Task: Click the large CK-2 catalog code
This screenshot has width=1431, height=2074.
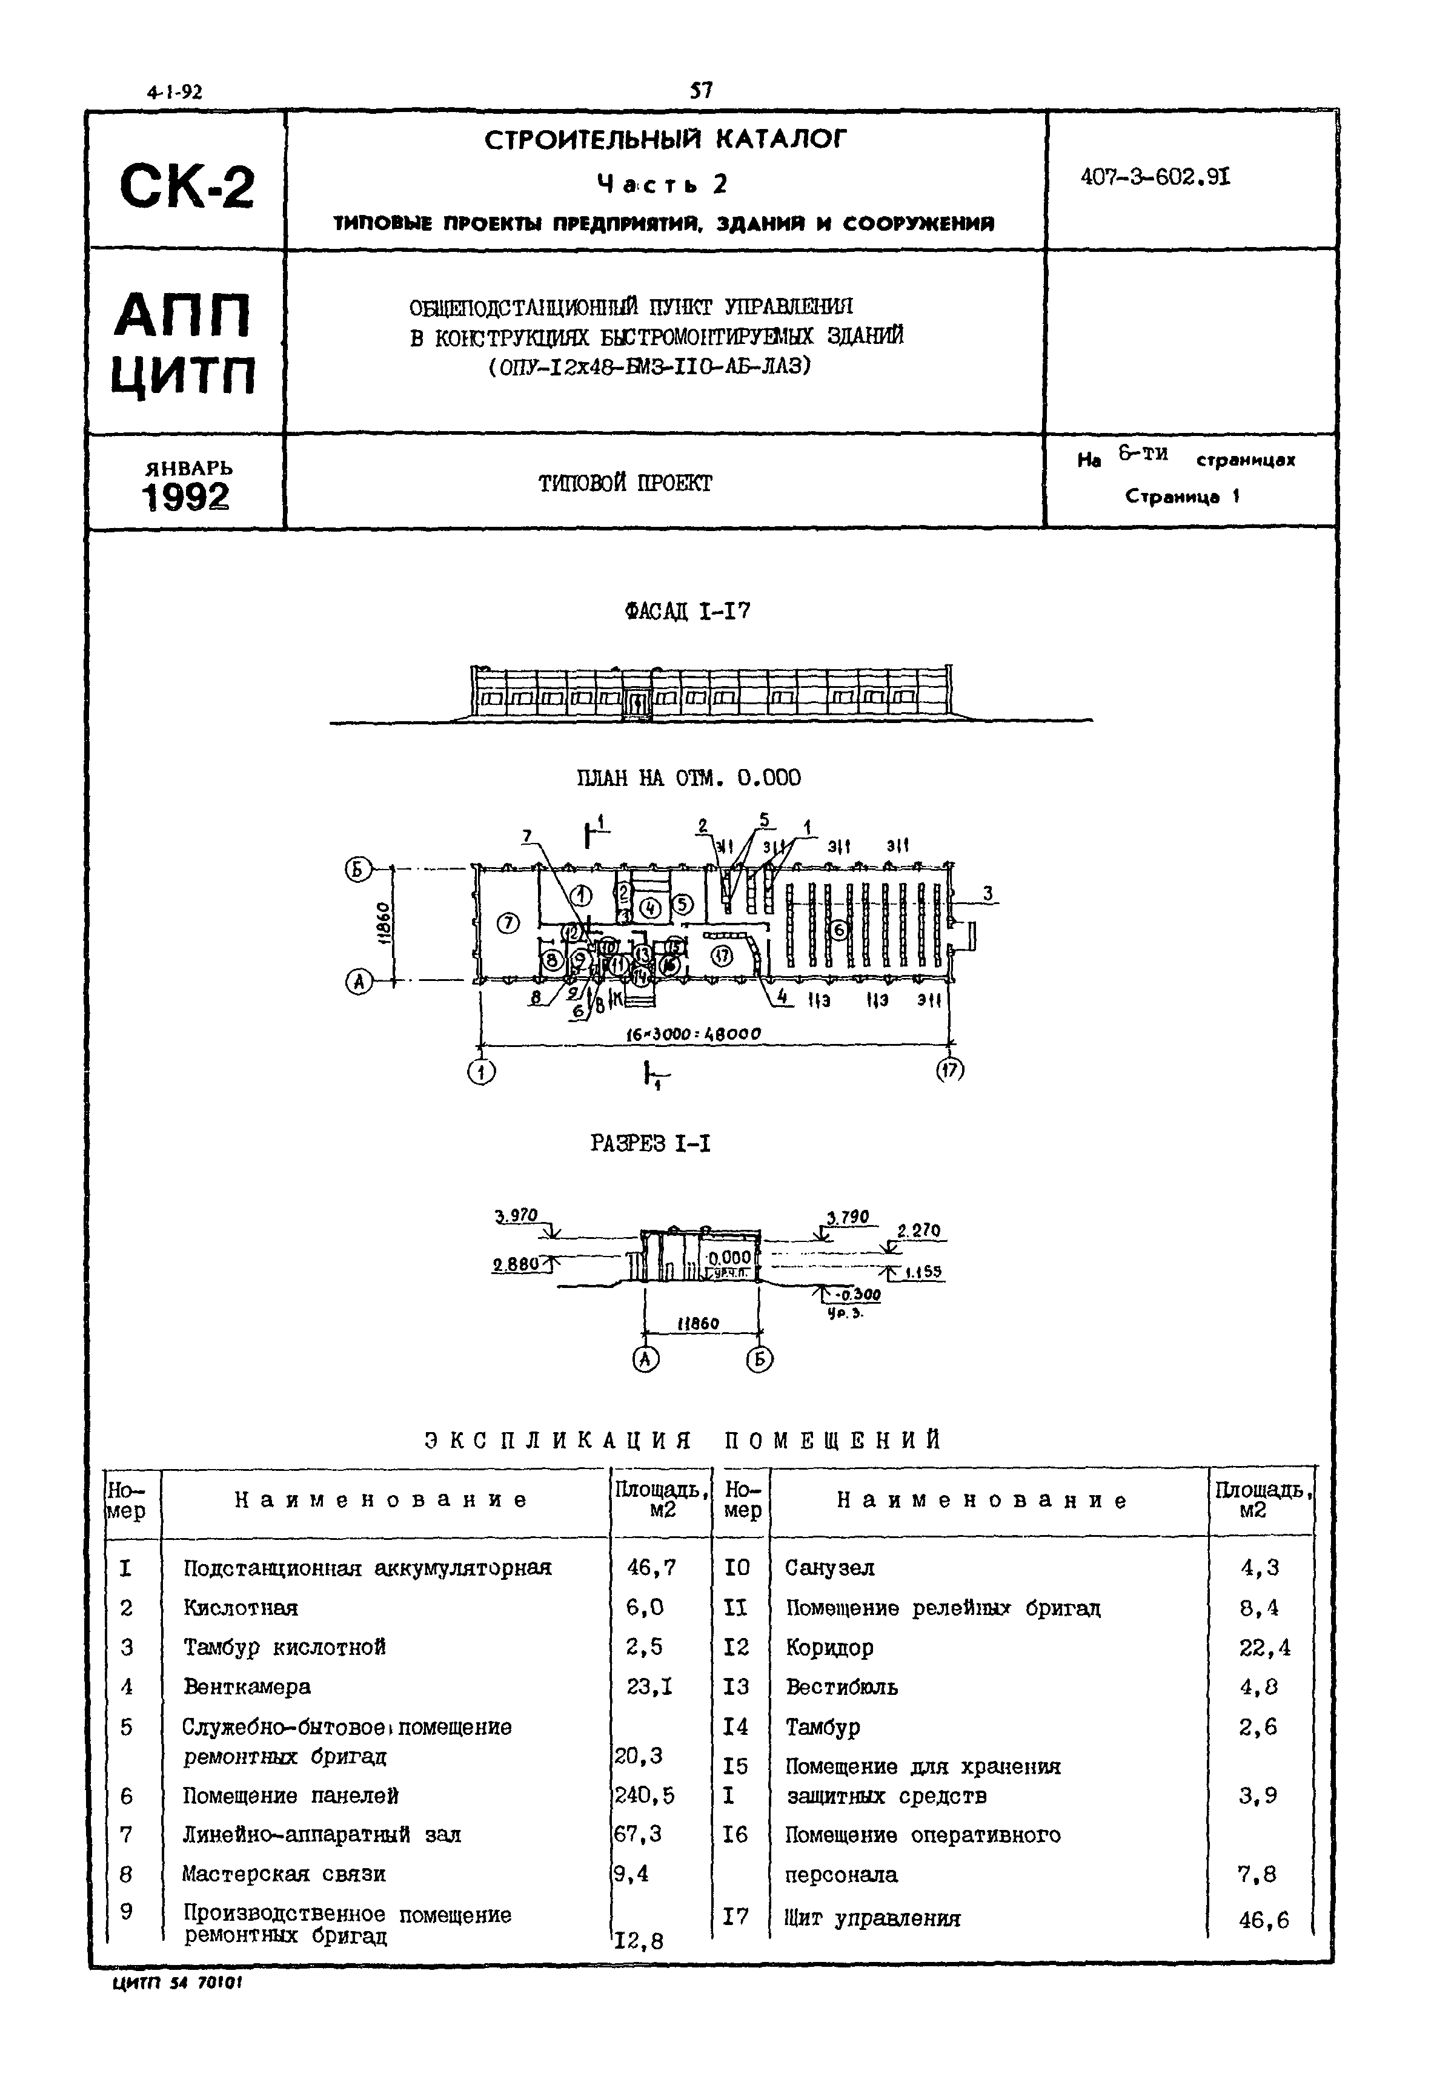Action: [x=187, y=187]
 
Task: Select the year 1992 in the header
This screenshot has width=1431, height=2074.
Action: [x=185, y=497]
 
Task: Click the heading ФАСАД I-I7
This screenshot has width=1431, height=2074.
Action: [x=688, y=612]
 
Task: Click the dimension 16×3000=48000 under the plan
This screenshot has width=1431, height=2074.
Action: [x=692, y=1034]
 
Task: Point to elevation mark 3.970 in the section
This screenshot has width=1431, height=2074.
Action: [x=516, y=1217]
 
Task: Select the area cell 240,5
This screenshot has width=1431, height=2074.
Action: [x=644, y=1795]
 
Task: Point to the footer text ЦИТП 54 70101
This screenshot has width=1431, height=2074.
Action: [x=177, y=1984]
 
